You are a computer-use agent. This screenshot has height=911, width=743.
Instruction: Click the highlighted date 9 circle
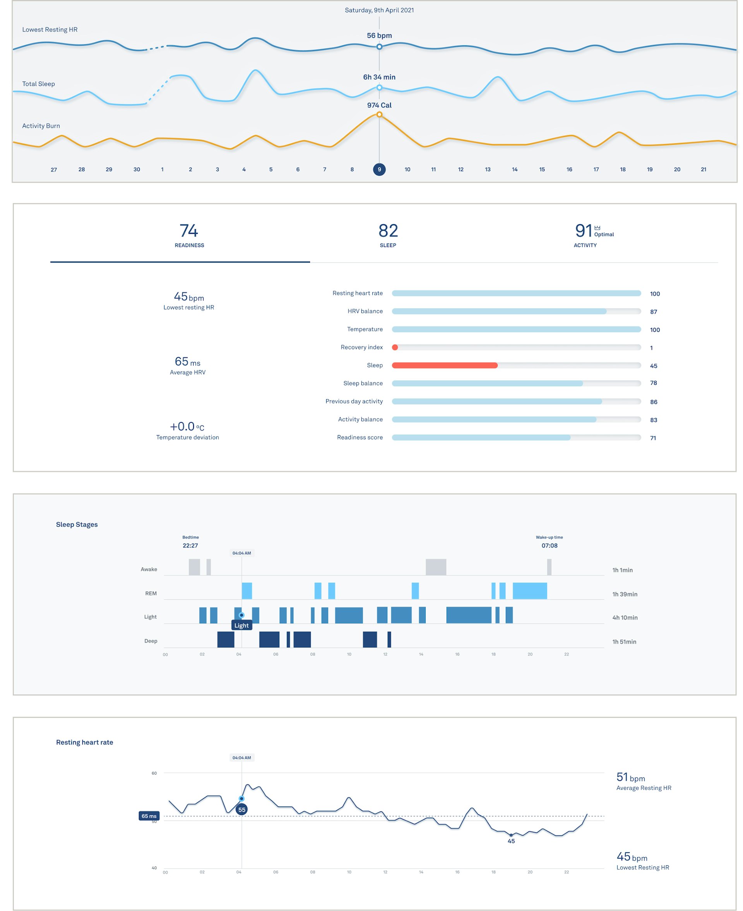click(379, 170)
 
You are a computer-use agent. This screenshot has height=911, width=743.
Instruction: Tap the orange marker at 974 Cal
click(379, 114)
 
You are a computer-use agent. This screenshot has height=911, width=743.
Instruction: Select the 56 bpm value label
click(379, 36)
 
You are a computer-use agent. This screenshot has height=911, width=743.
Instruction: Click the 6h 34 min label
click(379, 77)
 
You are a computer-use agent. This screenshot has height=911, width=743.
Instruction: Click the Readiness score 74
click(189, 231)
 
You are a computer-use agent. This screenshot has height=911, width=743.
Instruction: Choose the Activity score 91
click(584, 231)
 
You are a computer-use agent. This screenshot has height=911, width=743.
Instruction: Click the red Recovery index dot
click(395, 347)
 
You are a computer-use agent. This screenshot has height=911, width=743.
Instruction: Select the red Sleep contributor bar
click(444, 365)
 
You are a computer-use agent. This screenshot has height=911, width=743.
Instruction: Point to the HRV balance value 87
click(653, 312)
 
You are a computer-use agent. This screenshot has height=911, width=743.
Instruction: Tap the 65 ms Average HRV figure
click(187, 362)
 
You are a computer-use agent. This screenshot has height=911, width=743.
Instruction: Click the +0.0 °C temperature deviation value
click(187, 427)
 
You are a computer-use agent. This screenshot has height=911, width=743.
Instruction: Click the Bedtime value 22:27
click(190, 546)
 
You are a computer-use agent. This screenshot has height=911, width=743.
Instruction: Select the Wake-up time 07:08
click(549, 546)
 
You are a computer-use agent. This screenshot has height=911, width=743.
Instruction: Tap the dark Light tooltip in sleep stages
click(241, 625)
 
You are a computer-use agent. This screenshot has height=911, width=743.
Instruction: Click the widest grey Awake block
click(436, 567)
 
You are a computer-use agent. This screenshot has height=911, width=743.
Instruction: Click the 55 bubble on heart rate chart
click(242, 810)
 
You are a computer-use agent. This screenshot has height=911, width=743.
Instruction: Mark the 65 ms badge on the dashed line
click(149, 816)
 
